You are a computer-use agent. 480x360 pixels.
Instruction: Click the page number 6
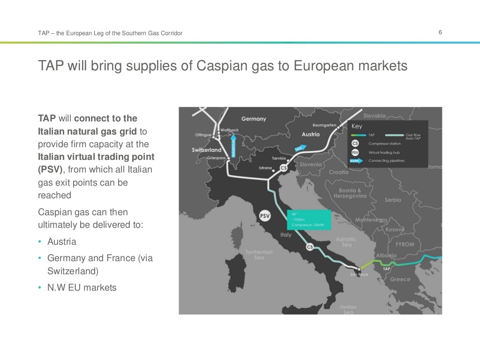coord(441,32)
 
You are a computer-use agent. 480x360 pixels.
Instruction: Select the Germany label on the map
coord(253,119)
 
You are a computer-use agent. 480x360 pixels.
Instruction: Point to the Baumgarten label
coord(324,125)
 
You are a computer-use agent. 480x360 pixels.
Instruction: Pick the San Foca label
coord(359,274)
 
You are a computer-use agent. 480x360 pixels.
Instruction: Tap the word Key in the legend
coord(357,126)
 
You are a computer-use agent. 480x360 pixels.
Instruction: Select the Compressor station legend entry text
coord(384,143)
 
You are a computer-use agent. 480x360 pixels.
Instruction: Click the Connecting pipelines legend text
coord(386,161)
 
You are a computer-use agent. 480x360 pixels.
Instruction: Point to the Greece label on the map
coord(400,279)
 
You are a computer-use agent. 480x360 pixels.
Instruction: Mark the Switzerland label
coord(206,150)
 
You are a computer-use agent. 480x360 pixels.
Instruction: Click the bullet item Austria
coord(61,242)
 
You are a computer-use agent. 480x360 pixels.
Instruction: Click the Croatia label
coord(338,172)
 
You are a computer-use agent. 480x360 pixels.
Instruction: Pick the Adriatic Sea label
coord(346,242)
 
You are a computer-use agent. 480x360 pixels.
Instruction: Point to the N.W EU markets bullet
coord(82,287)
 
